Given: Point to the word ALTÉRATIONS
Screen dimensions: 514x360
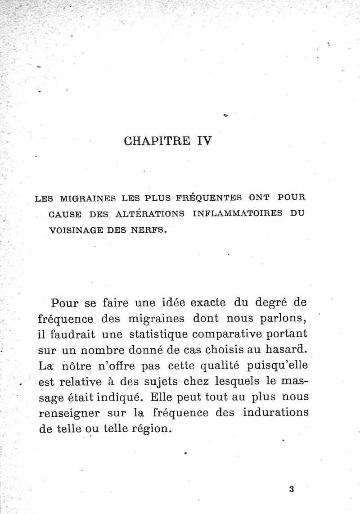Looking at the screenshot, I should tap(148, 214).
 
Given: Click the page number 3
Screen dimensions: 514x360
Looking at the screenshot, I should tap(292, 489).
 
